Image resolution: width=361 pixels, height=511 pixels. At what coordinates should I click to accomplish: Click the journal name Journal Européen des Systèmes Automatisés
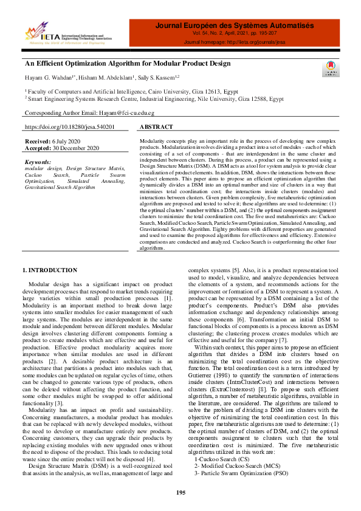pyautogui.click(x=234, y=26)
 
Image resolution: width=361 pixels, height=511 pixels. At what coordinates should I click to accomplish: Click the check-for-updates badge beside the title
pyautogui.click(x=329, y=69)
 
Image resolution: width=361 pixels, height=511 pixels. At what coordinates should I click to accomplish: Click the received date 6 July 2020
pyautogui.click(x=66, y=140)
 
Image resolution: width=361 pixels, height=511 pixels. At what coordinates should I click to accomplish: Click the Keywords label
pyautogui.click(x=38, y=162)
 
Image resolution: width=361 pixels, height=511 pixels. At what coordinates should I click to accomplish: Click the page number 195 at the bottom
pyautogui.click(x=180, y=492)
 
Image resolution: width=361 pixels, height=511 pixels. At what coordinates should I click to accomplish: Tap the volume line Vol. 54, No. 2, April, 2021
pyautogui.click(x=234, y=34)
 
